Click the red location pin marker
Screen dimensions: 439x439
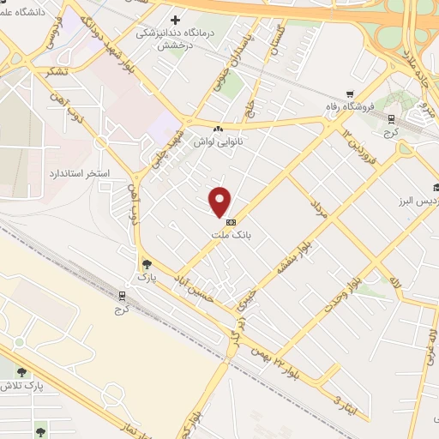tap(220, 201)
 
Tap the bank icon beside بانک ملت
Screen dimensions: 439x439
tap(228, 222)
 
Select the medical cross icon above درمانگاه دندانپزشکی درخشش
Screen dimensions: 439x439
tap(177, 20)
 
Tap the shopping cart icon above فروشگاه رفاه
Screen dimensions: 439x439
tap(349, 95)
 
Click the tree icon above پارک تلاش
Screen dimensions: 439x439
tap(21, 372)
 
